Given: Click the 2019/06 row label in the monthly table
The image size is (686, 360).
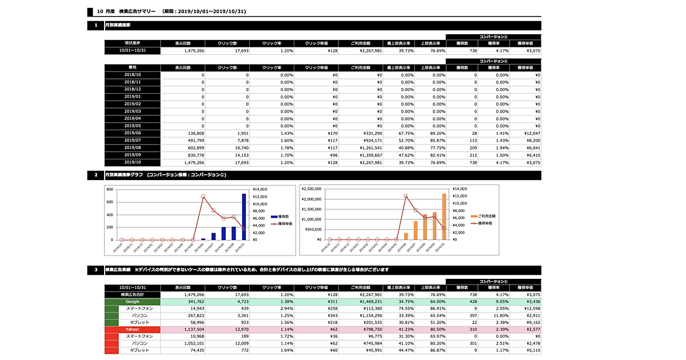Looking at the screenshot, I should [133, 133].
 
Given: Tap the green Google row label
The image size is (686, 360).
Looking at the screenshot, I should [133, 301].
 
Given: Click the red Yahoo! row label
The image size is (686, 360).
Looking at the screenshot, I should [133, 329].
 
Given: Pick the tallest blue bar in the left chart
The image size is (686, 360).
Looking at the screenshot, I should [244, 217].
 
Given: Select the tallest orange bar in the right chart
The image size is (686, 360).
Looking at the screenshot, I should [444, 217].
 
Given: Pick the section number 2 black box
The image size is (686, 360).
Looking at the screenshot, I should [96, 175].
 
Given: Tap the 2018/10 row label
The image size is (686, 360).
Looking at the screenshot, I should [133, 75].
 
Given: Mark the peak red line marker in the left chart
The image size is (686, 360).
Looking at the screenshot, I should [204, 196].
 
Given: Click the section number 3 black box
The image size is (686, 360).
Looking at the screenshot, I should [96, 270].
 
